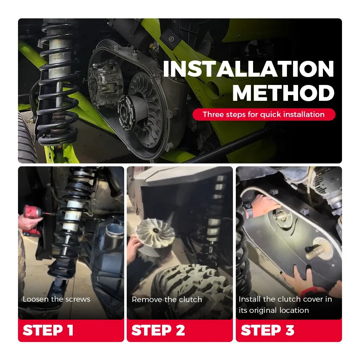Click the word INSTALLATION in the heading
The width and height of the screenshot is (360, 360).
point(248,69)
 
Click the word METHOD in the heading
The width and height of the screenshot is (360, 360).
point(283,93)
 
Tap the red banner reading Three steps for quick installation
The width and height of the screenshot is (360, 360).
point(264,114)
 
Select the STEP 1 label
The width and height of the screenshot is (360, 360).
point(48,330)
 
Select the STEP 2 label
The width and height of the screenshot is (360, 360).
point(158,330)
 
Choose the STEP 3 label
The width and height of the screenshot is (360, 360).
point(267,330)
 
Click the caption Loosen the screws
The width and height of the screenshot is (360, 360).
point(57,299)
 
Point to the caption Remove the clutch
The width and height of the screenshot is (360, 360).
point(167,300)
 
